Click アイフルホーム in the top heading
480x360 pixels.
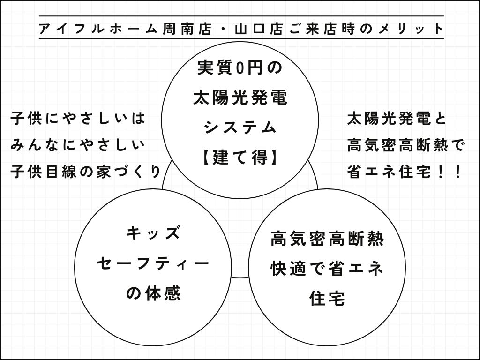(x=98, y=29)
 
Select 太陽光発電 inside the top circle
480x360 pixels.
(x=240, y=98)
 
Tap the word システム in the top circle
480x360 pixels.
(x=240, y=127)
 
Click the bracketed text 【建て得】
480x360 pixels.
(x=240, y=157)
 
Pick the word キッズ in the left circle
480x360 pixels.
(x=153, y=233)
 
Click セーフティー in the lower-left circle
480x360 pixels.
(x=153, y=263)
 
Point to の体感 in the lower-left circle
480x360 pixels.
(x=153, y=293)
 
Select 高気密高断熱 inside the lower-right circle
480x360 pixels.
(x=327, y=239)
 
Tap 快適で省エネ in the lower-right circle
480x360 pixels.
(x=327, y=269)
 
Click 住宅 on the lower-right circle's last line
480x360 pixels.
(x=327, y=298)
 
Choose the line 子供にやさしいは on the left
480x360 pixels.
(x=78, y=118)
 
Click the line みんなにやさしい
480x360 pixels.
(x=78, y=145)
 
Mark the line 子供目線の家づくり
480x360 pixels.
(x=85, y=172)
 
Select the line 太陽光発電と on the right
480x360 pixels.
(x=397, y=118)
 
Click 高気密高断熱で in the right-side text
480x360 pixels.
(x=406, y=145)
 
